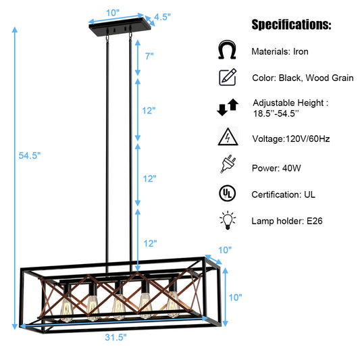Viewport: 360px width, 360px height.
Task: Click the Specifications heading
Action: click(x=291, y=25)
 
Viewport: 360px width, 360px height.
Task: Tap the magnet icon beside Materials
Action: click(x=227, y=51)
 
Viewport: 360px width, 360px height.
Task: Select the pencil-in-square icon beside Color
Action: click(x=228, y=78)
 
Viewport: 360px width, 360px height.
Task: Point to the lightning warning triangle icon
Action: click(x=227, y=137)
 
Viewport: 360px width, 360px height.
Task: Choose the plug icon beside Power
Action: click(x=227, y=165)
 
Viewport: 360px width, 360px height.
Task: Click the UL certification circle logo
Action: click(x=227, y=194)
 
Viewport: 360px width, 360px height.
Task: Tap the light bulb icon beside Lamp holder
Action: click(x=227, y=221)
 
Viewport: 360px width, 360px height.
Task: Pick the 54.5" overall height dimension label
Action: click(x=30, y=155)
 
